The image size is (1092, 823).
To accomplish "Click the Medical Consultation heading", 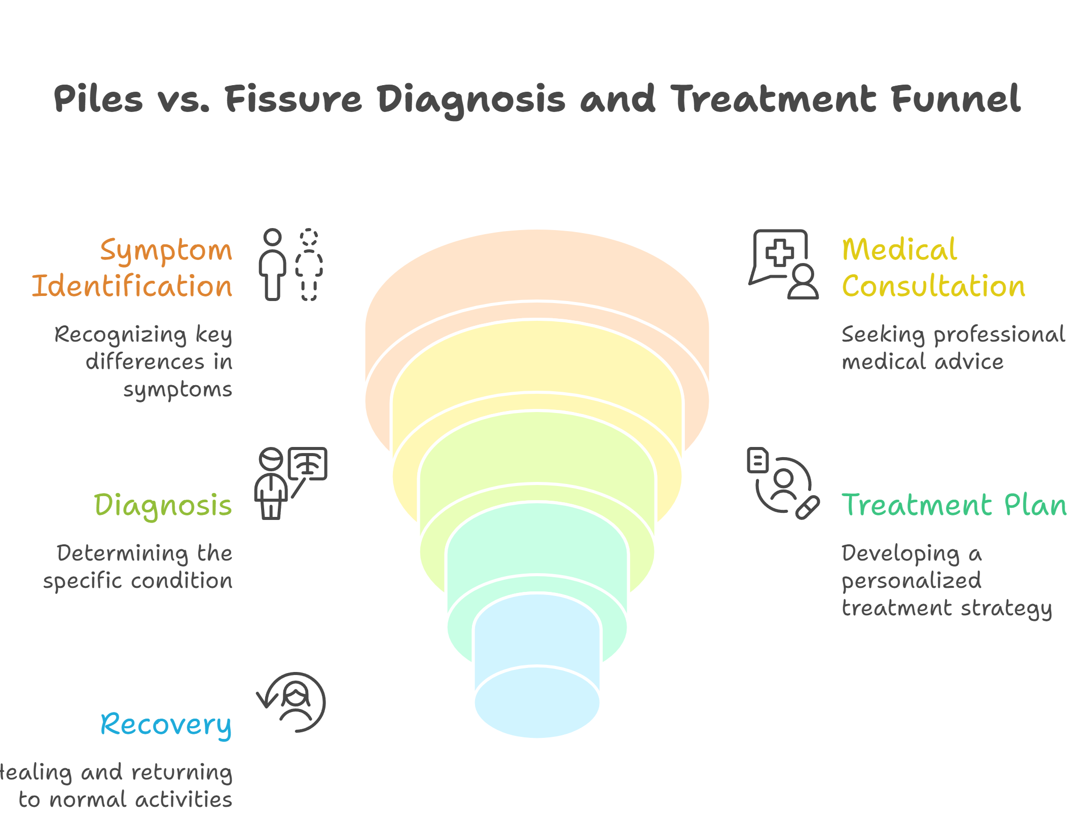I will coord(933,268).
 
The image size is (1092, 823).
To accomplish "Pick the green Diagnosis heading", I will coord(163,506).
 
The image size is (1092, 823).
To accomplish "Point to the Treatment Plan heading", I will coord(954,505).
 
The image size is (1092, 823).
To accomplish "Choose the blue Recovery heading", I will coord(166,725).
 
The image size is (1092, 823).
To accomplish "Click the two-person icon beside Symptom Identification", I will coord(290,265).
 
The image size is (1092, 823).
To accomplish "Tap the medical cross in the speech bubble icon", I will coord(779,252).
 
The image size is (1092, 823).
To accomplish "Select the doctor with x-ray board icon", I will coord(290,482).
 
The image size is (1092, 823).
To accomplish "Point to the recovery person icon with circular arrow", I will coord(293,702).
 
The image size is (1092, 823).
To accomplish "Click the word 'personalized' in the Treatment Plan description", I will coord(911,581).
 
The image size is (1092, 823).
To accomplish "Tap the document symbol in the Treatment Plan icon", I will coord(758,460).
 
